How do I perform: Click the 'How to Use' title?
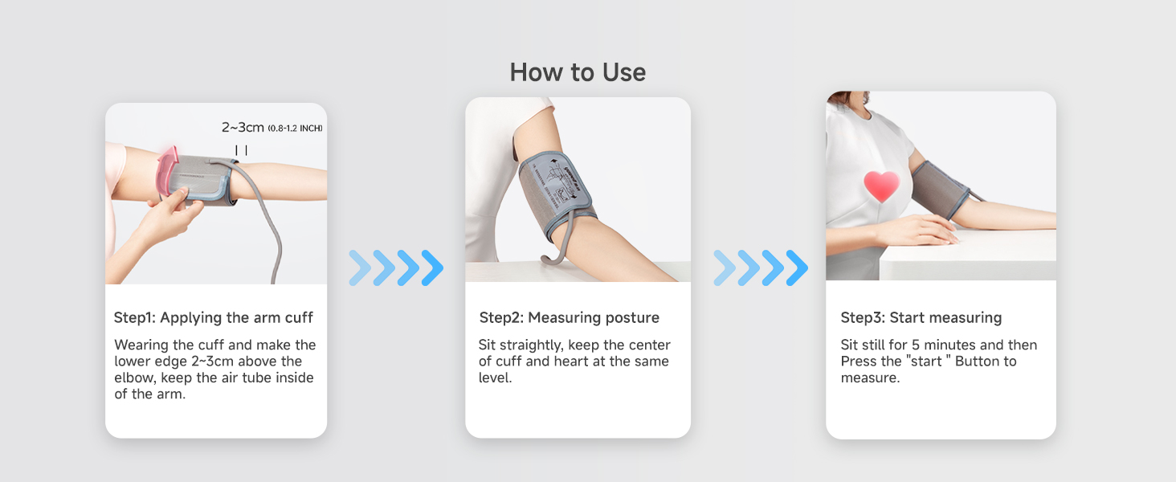click(578, 72)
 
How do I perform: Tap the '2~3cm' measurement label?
click(243, 127)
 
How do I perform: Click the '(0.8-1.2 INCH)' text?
click(296, 129)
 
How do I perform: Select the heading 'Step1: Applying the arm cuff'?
click(214, 317)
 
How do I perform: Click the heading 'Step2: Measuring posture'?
click(569, 317)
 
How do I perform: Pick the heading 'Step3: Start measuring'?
click(921, 317)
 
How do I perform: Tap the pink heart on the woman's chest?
click(881, 186)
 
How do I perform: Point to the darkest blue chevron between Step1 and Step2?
click(432, 268)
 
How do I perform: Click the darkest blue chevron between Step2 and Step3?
click(797, 268)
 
